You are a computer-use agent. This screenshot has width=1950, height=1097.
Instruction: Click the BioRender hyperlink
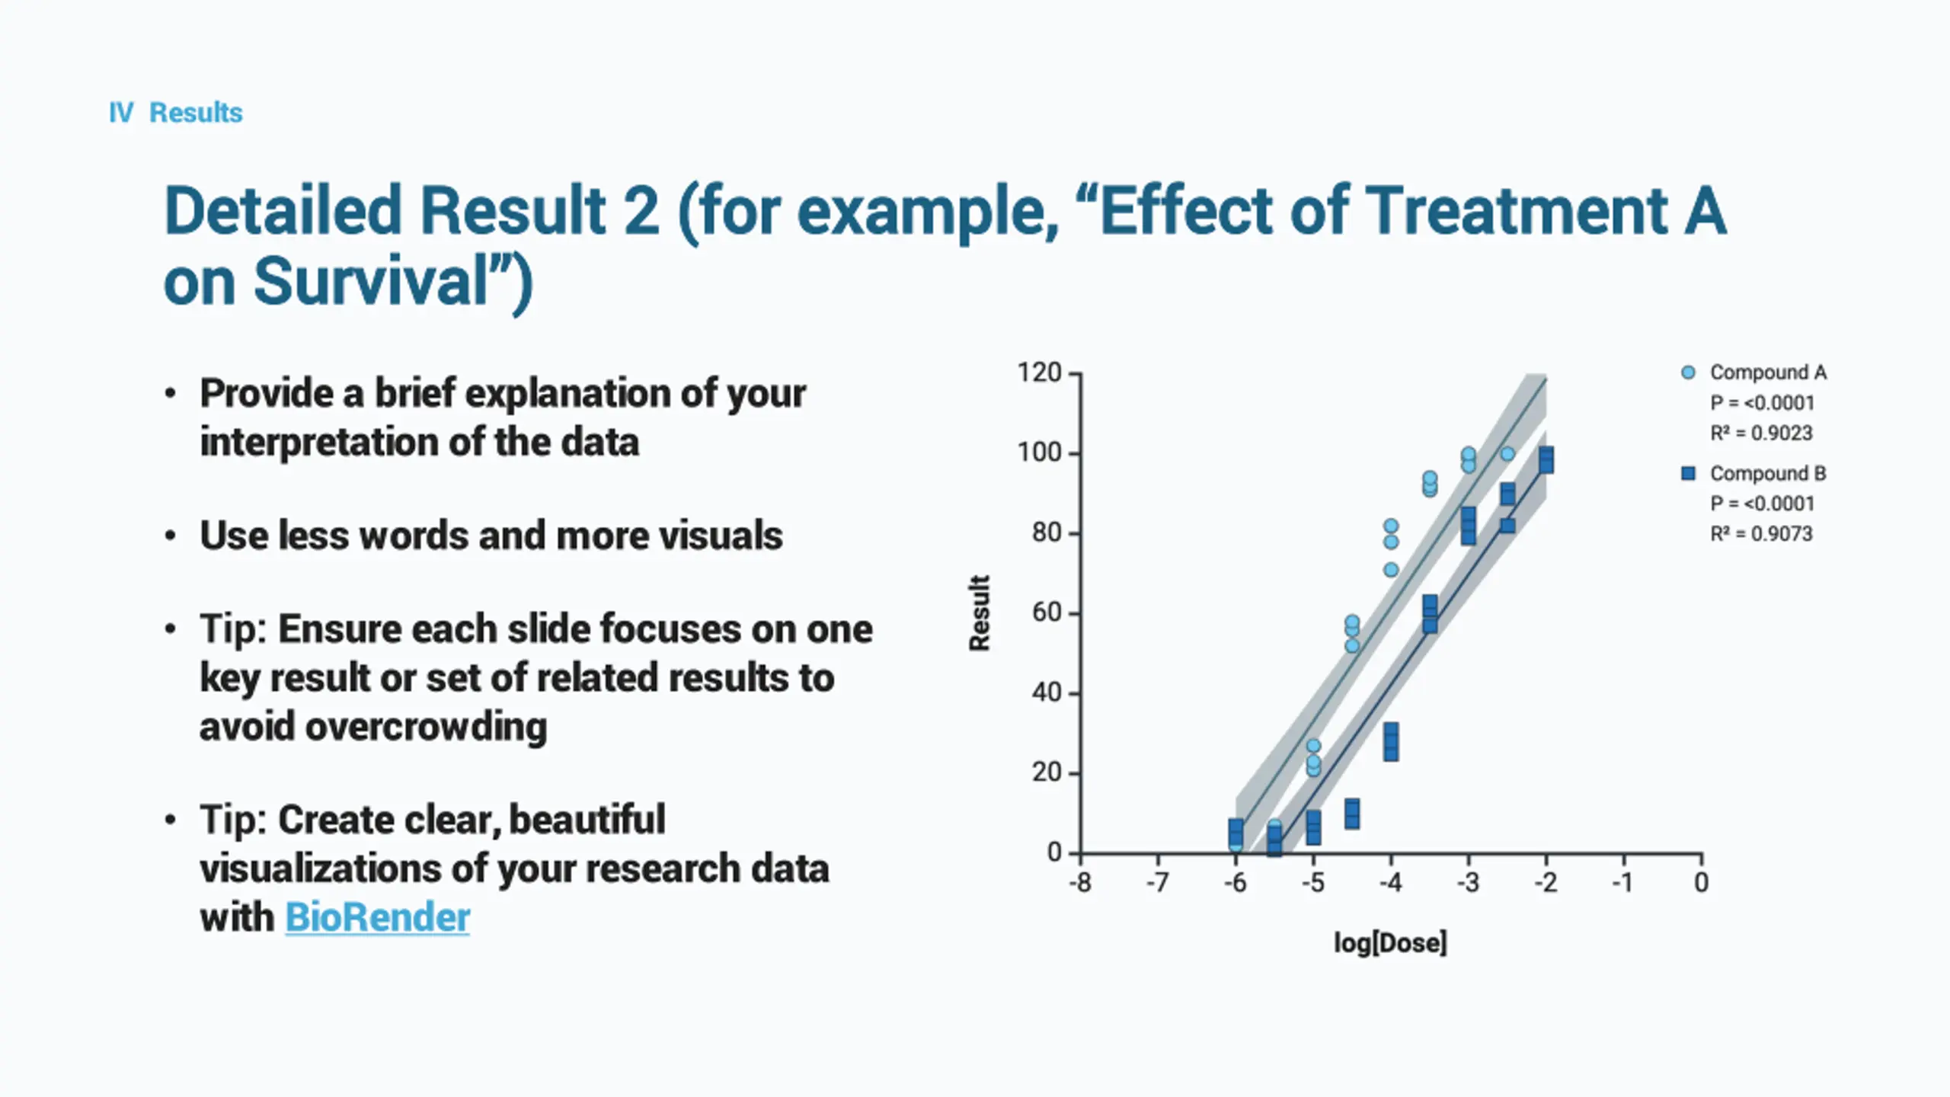(377, 917)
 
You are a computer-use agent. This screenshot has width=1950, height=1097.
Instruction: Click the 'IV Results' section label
(175, 113)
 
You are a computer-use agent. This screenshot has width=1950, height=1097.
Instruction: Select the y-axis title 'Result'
(980, 613)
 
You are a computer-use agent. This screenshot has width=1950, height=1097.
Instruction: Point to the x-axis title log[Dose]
(1390, 943)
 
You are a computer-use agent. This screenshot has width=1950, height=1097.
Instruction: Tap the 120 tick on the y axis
(1040, 373)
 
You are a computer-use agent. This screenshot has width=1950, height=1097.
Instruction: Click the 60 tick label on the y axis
(1047, 612)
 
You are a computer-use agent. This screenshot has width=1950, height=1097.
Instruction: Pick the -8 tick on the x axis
(1080, 883)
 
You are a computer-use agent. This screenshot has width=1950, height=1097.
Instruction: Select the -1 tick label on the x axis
(1622, 883)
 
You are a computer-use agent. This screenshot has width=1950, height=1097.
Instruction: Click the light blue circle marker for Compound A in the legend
(1688, 373)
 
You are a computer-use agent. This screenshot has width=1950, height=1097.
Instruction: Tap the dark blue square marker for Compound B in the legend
(1688, 474)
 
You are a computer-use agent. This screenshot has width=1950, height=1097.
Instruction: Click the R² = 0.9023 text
(1761, 433)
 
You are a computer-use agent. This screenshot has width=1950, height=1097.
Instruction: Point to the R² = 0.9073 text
(1761, 534)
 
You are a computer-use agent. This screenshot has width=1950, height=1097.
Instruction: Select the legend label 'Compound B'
(1768, 474)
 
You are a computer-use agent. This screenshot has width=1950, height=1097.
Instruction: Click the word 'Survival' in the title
(370, 282)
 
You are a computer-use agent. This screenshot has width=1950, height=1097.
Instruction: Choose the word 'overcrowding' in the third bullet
(427, 728)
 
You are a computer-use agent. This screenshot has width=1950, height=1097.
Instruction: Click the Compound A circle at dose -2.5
(1507, 454)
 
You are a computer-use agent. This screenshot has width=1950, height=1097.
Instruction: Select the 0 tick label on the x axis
(1702, 883)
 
